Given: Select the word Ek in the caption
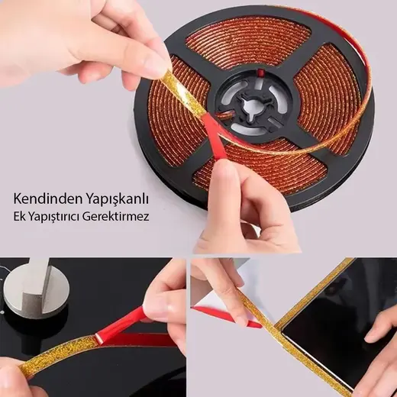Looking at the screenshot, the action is (18, 217).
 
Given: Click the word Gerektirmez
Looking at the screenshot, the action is (116, 217).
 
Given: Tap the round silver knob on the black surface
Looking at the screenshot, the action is (35, 289).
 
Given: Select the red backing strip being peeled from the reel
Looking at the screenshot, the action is (214, 137).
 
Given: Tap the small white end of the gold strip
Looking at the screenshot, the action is (98, 338).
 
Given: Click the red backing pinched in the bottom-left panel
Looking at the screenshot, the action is (127, 323).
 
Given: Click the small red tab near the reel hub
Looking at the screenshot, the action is (260, 73).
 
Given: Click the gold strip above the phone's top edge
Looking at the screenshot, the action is (315, 292).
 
